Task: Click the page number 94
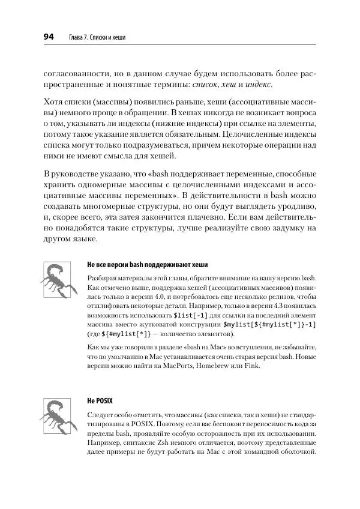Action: tap(49, 38)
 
